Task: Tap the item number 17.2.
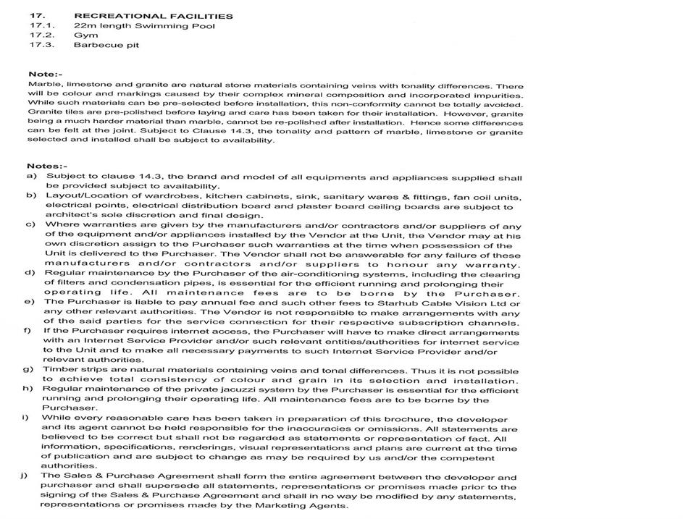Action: [x=41, y=35]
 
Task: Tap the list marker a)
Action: [x=31, y=177]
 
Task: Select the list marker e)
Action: [x=31, y=301]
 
